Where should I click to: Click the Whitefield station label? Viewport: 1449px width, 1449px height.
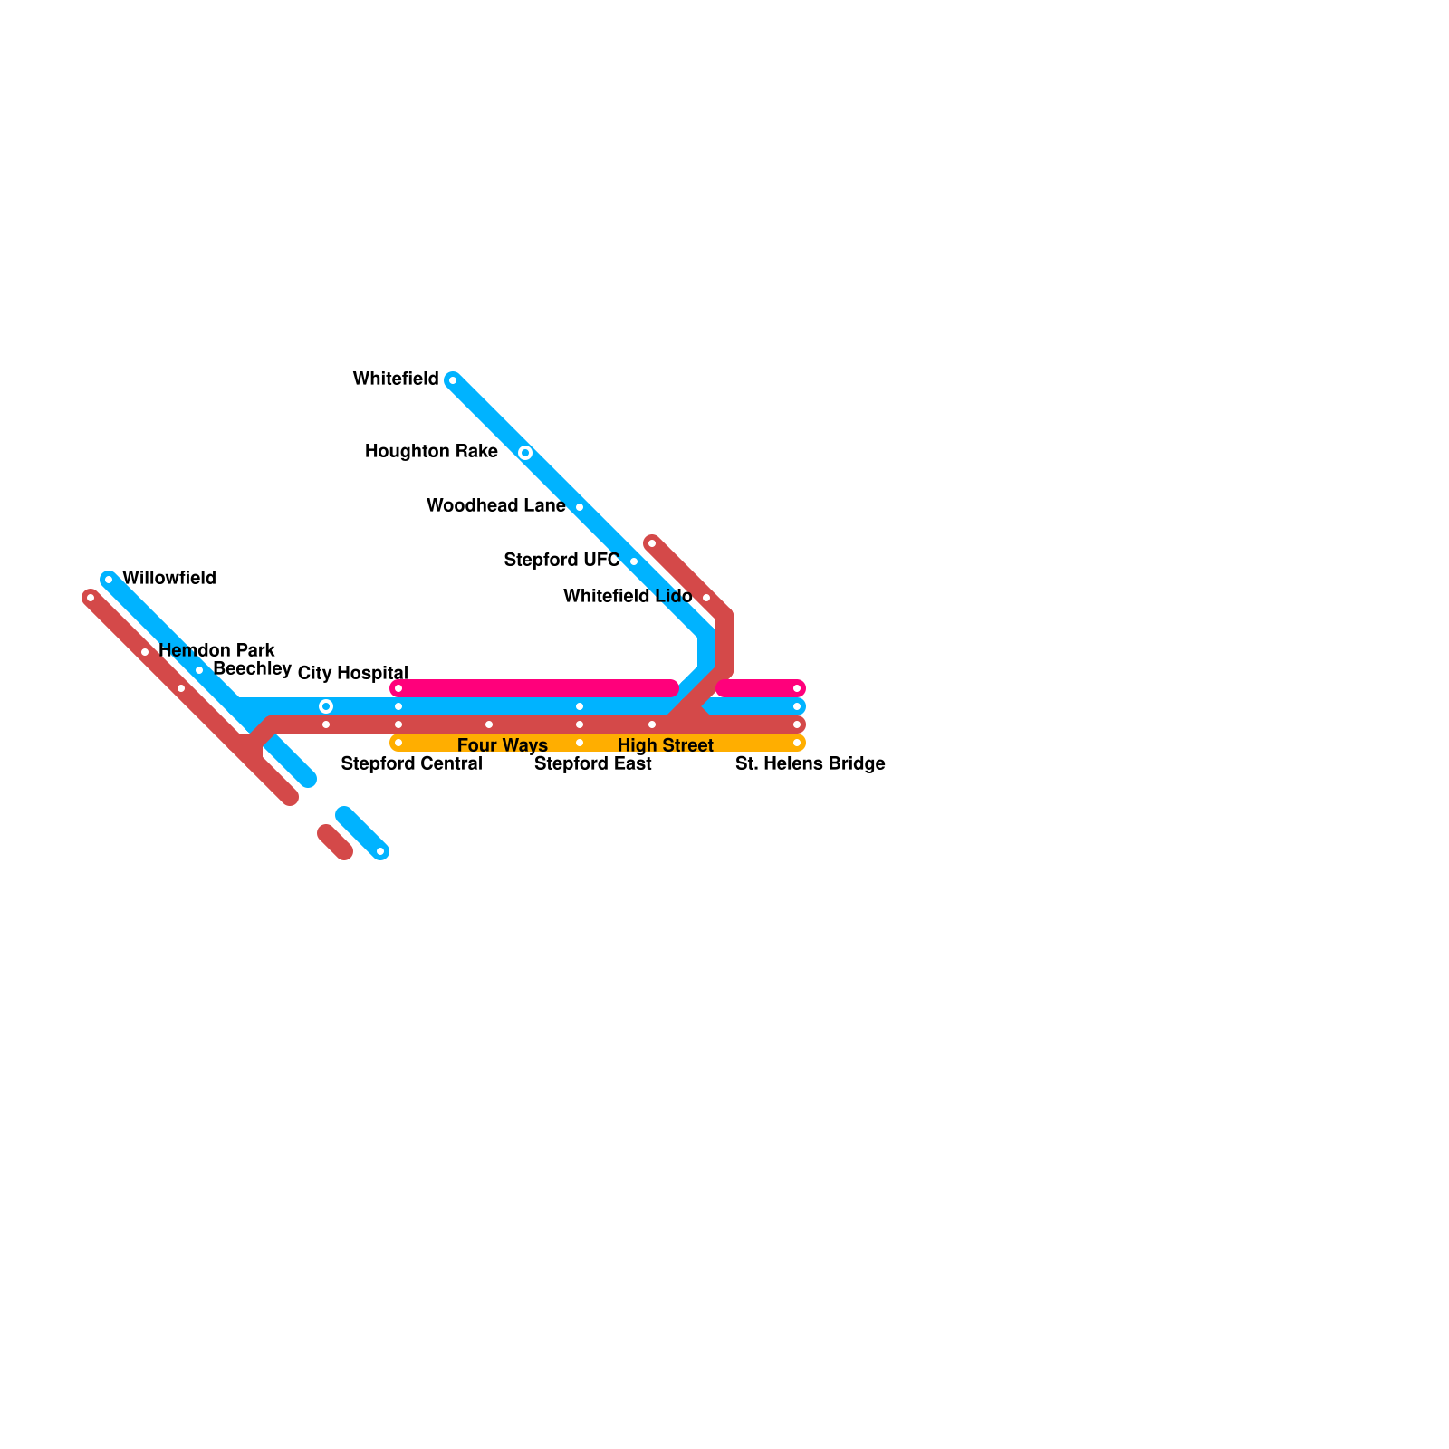pos(396,379)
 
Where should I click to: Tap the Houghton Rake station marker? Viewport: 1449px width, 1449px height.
pos(525,452)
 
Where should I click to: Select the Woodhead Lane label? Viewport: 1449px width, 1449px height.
pos(495,505)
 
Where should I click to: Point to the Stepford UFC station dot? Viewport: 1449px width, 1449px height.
pos(634,561)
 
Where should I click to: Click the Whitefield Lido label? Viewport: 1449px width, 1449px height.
pos(628,596)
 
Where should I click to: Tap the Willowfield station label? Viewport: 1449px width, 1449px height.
pos(169,578)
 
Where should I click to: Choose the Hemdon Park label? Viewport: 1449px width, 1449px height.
pos(216,650)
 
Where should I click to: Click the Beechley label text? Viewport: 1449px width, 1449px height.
pos(252,668)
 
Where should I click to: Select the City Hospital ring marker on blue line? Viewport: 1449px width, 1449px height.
pos(326,706)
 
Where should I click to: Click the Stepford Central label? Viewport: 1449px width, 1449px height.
pos(411,763)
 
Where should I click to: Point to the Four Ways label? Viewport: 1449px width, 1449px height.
pos(502,745)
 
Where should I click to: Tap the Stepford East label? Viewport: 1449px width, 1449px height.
pos(592,763)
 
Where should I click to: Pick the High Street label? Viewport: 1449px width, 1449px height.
pos(666,745)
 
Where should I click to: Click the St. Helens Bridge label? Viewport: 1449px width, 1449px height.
pos(810,763)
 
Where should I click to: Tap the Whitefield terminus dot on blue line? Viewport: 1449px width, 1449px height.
pos(453,380)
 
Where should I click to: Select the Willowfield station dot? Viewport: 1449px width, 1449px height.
pos(109,580)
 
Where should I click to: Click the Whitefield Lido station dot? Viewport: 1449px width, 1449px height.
pos(706,598)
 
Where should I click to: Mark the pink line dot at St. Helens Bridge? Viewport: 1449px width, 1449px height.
pos(797,688)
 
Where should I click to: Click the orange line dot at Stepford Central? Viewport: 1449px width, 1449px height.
pos(398,743)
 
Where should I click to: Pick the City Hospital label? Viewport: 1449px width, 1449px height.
pos(352,673)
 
